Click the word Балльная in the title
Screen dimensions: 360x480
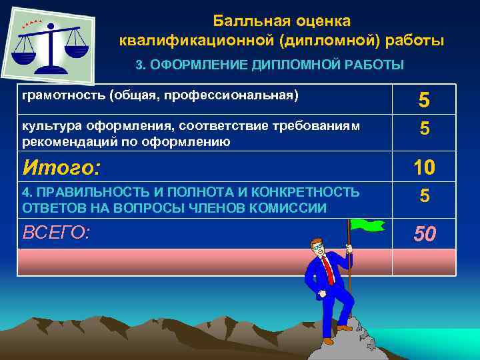[x=246, y=22]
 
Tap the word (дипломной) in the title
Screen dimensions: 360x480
[x=323, y=41]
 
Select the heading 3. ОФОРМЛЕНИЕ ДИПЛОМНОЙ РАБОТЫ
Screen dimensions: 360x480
[x=269, y=65]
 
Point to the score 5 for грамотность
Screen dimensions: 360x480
[x=423, y=101]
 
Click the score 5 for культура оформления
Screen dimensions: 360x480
[x=423, y=129]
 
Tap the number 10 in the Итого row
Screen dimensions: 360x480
[x=423, y=167]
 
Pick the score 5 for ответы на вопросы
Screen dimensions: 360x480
[x=423, y=196]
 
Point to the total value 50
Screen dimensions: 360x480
[x=423, y=234]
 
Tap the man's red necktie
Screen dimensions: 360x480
[x=328, y=269]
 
